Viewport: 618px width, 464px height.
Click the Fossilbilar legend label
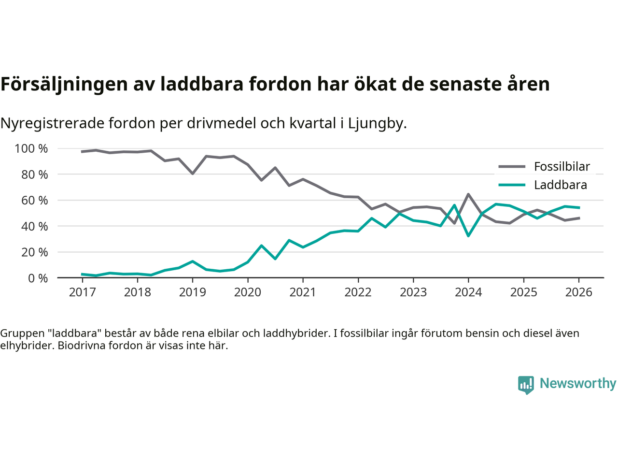562,167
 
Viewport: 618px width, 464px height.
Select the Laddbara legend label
560,185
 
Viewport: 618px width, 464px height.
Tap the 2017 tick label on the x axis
82,292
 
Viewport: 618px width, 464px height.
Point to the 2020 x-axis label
248,292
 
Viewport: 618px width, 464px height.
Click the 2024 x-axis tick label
468,292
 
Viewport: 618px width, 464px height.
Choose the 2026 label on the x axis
578,292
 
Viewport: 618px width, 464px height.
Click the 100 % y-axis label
31,149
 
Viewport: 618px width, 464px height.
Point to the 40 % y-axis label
34,226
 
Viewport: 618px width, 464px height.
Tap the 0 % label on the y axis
38,278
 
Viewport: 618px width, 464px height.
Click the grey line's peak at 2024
468,194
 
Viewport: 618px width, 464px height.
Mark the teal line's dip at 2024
468,235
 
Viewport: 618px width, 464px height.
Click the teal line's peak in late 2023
454,205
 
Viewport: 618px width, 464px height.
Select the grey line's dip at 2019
193,173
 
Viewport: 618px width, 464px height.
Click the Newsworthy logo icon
526,385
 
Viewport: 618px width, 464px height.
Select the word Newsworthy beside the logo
577,383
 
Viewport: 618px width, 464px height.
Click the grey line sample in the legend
512,167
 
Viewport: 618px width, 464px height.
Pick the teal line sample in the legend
512,185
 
